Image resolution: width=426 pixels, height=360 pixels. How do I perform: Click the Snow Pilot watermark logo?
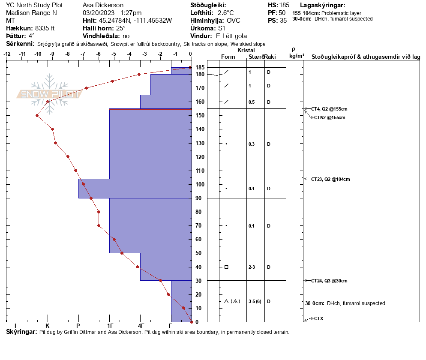50,94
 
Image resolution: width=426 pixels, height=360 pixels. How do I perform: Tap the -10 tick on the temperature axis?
38,54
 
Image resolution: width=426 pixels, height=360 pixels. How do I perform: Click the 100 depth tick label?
199,184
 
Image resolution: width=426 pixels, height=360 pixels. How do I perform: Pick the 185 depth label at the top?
199,67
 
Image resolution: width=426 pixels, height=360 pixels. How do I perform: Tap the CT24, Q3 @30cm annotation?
329,281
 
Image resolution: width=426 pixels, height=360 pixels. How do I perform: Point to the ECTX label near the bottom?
318,319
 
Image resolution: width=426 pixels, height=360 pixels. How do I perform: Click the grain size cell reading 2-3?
252,267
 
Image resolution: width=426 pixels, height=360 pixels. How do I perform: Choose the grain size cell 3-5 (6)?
255,301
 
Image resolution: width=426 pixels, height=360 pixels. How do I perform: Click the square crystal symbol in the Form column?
226,267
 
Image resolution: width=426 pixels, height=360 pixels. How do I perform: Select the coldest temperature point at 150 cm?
37,115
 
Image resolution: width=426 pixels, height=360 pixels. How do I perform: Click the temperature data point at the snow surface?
190,68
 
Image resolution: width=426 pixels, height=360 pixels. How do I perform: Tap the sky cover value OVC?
234,21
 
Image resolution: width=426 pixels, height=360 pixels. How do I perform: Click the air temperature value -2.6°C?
225,13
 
